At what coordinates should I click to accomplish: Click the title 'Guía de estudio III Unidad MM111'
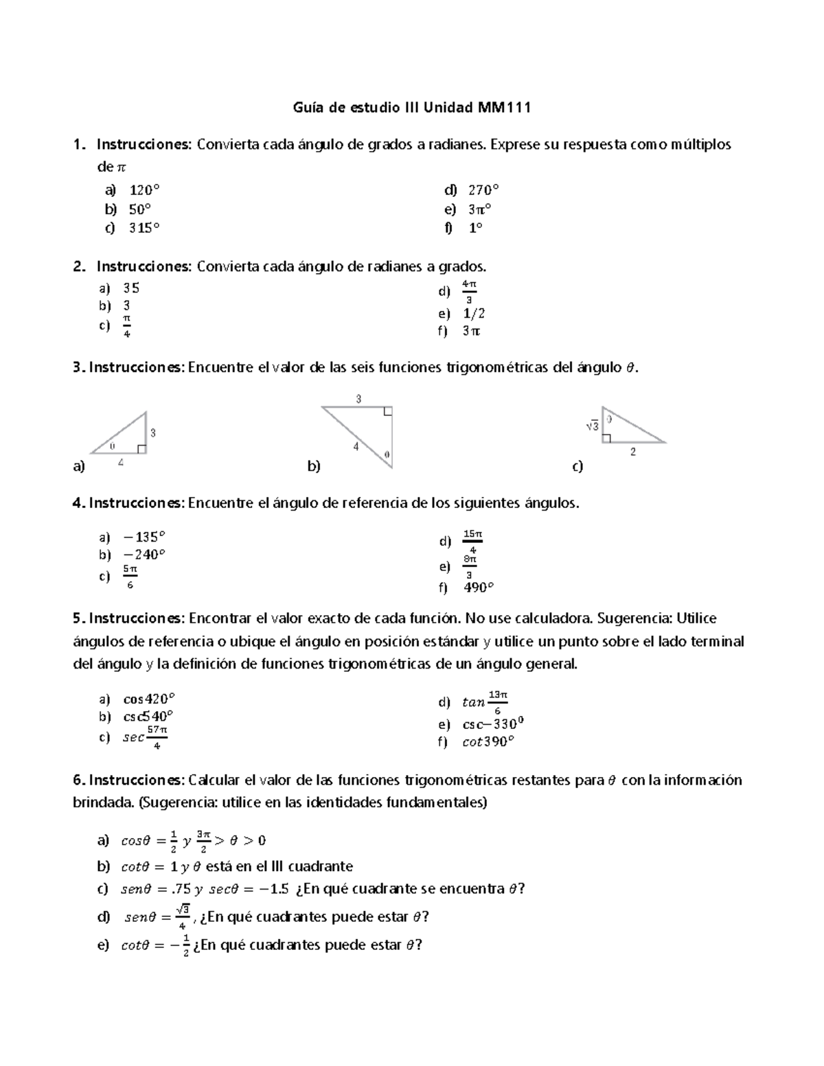(412, 108)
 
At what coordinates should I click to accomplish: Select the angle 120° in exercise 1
(145, 190)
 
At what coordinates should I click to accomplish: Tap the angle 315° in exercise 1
(144, 228)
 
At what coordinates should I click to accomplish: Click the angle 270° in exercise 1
(483, 190)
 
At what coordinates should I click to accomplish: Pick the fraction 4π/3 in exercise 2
(469, 292)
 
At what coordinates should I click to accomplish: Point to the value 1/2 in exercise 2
(474, 314)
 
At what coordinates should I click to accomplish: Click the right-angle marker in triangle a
(141, 449)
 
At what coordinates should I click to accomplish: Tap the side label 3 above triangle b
(358, 399)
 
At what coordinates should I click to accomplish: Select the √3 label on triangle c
(592, 426)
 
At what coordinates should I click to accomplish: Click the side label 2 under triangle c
(633, 452)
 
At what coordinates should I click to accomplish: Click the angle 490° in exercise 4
(479, 588)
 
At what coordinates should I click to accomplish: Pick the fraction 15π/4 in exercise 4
(473, 542)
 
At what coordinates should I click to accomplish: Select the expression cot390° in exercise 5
(488, 742)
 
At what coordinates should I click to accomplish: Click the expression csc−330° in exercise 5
(494, 724)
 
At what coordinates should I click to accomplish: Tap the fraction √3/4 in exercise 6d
(182, 916)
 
